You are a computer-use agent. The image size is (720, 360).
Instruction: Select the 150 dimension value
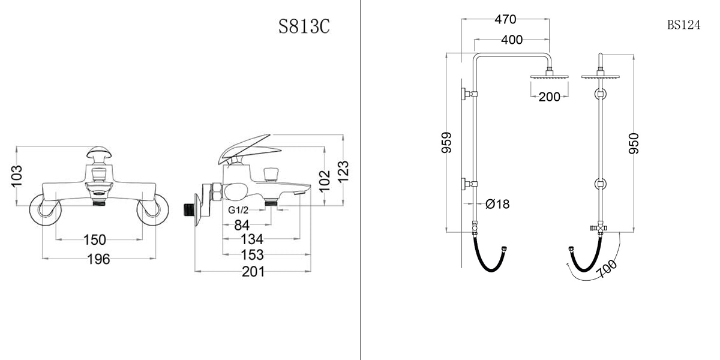click(94, 240)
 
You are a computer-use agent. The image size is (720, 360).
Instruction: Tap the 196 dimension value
click(99, 259)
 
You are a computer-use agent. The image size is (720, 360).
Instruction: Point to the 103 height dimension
click(17, 176)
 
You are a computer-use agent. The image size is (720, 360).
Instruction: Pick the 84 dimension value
click(242, 225)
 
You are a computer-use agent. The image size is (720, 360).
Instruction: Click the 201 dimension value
click(253, 272)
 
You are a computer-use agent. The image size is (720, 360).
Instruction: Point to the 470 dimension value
click(505, 19)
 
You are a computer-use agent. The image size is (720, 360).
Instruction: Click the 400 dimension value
click(511, 40)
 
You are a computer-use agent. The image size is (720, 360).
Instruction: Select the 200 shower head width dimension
click(549, 97)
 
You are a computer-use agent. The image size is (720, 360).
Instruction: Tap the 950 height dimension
click(634, 143)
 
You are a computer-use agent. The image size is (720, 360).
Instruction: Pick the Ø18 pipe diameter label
click(497, 204)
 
